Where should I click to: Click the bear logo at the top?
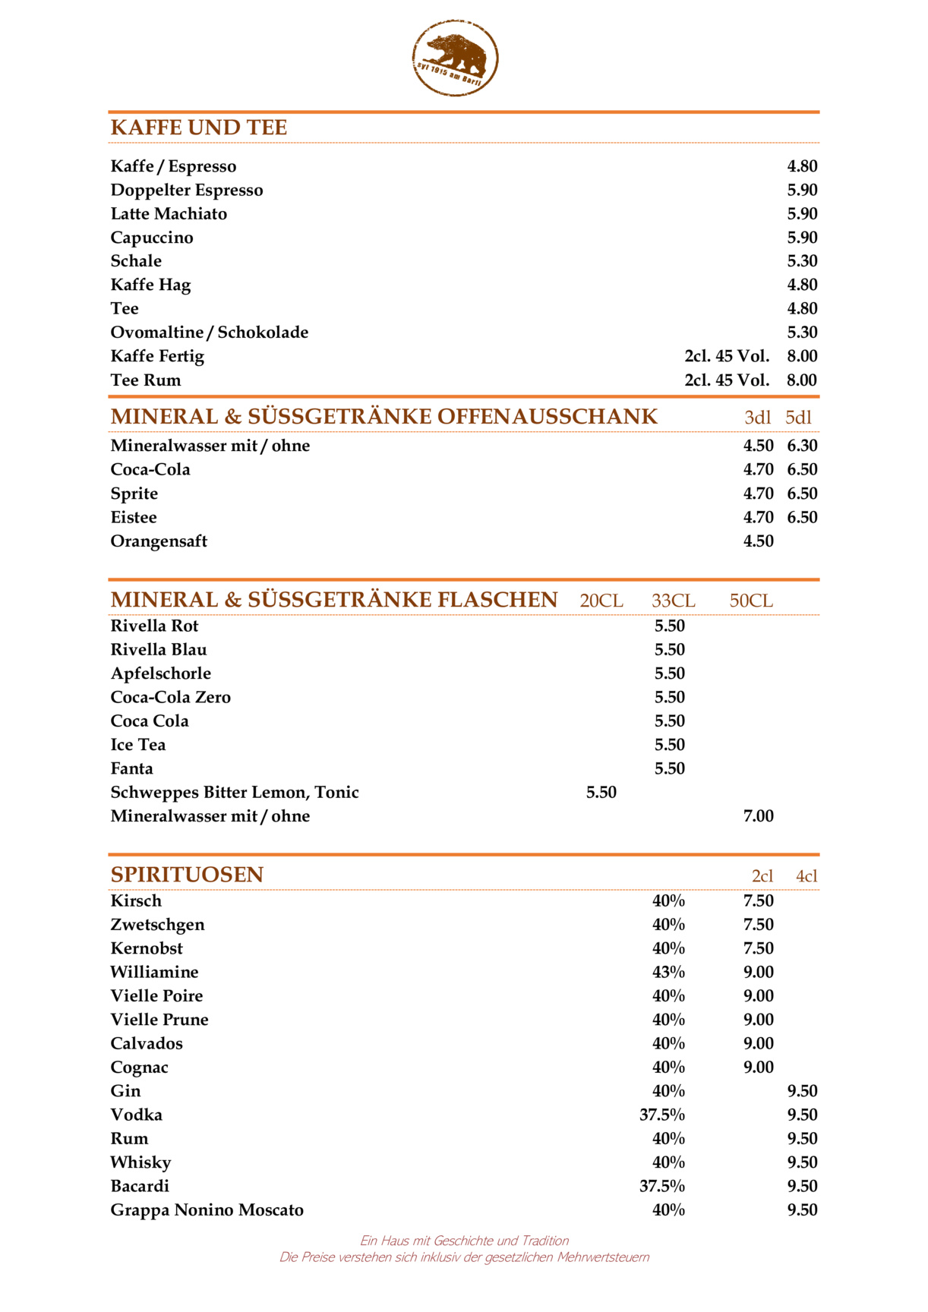coord(455,58)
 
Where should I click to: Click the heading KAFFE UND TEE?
coord(199,128)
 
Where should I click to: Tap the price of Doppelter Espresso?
coord(802,190)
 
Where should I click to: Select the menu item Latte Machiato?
coord(169,214)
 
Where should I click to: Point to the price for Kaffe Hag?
coord(802,285)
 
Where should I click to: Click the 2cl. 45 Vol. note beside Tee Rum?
coord(727,380)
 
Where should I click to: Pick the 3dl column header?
coord(757,418)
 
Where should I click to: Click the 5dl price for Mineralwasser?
coord(802,446)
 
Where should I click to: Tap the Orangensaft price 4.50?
coord(758,541)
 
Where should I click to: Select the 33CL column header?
coord(673,601)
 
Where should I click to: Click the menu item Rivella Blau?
coord(159,650)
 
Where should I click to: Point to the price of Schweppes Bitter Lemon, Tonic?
coord(601,793)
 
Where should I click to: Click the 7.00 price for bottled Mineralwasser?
coord(758,816)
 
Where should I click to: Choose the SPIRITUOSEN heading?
coord(187,875)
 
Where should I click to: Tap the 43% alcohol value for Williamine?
coord(668,973)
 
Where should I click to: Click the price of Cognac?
coord(758,1068)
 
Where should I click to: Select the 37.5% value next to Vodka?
coord(661,1115)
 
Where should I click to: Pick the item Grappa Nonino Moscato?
coord(207,1210)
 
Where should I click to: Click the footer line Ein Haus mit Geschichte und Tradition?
coord(464,1241)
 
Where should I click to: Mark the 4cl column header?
coord(806,876)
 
